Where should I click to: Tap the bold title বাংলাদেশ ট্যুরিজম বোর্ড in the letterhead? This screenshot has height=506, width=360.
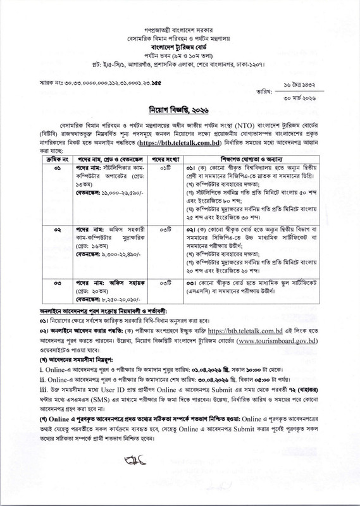click(x=180, y=46)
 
